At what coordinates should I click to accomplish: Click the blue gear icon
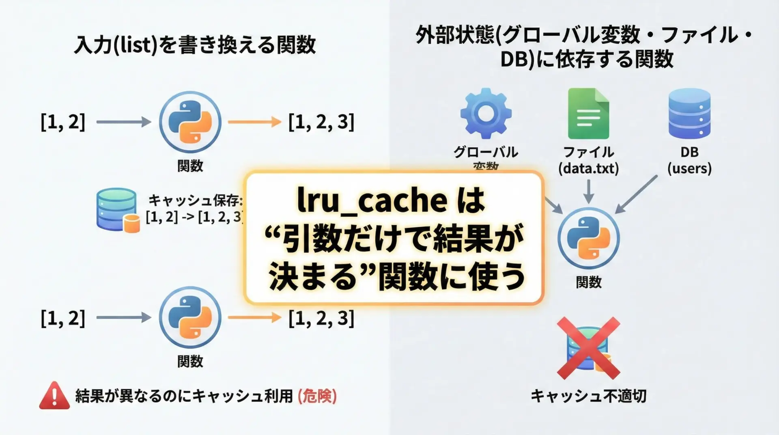pos(486,113)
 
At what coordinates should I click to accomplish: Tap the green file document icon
pos(588,114)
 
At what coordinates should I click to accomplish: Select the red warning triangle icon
pos(54,395)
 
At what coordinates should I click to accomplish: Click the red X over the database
pos(588,348)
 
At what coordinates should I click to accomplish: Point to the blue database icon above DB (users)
pos(689,113)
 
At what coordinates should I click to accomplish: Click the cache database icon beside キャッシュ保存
pos(118,210)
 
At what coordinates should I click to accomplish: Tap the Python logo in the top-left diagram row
pos(190,122)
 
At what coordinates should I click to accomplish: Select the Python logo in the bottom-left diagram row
pos(190,317)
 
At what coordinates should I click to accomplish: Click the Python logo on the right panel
pos(588,238)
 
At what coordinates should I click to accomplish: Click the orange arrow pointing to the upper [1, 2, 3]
pos(254,122)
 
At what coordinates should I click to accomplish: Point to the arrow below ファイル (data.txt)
pos(588,191)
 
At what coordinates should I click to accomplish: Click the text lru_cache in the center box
pos(372,200)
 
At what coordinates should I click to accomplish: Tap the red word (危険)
pos(317,396)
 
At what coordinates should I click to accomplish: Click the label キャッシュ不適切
pos(588,396)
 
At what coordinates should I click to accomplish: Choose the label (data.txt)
pos(588,168)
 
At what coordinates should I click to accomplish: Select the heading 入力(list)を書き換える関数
pos(195,45)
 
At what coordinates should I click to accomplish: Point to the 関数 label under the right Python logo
pos(588,282)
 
